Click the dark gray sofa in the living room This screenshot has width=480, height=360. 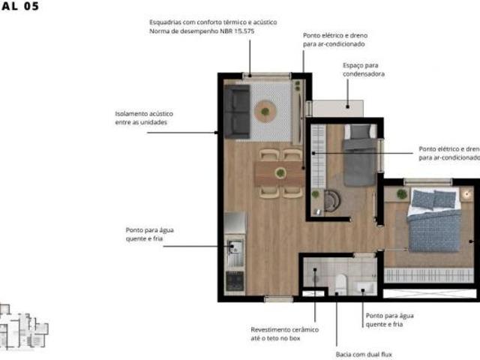[x=237, y=111]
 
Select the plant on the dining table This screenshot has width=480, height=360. [x=280, y=173]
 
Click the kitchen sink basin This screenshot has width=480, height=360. [x=235, y=248]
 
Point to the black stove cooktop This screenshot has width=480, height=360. [x=235, y=280]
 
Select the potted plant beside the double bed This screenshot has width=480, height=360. [x=402, y=194]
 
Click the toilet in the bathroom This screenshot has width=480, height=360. [x=340, y=283]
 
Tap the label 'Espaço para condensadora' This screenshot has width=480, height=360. [x=363, y=70]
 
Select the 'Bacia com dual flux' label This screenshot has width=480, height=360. [x=363, y=354]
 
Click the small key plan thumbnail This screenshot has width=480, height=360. [x=22, y=327]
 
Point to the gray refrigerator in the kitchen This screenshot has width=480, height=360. [x=235, y=222]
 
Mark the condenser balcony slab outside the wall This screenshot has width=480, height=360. [x=328, y=106]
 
